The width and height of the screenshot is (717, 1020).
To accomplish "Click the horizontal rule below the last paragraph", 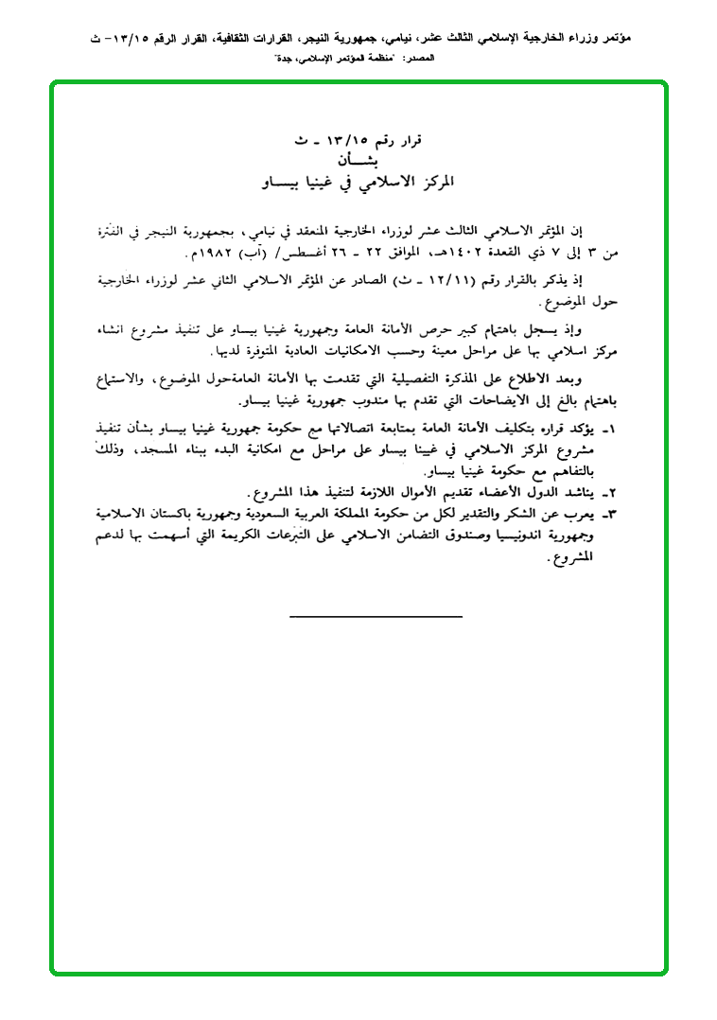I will point(376,617).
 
